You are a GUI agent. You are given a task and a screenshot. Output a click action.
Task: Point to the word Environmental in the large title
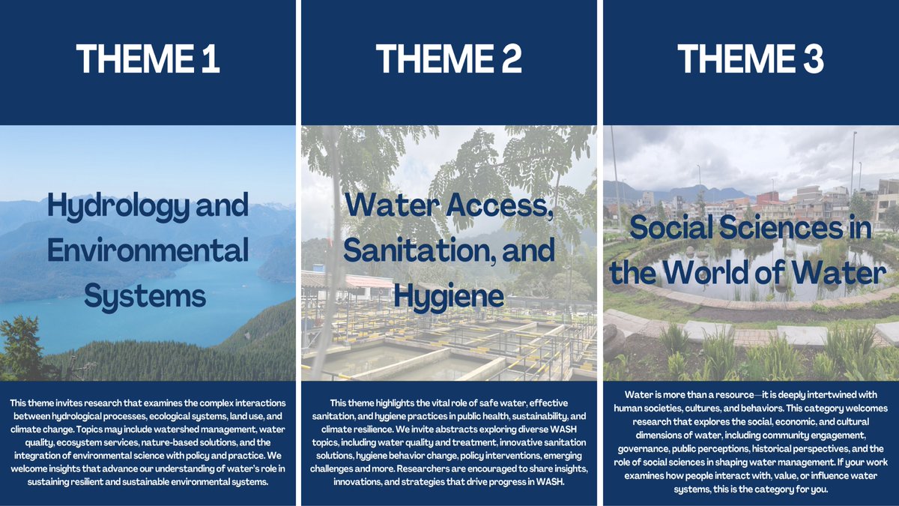tap(148, 250)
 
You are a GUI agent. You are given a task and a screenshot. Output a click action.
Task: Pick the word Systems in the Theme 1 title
tap(145, 296)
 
